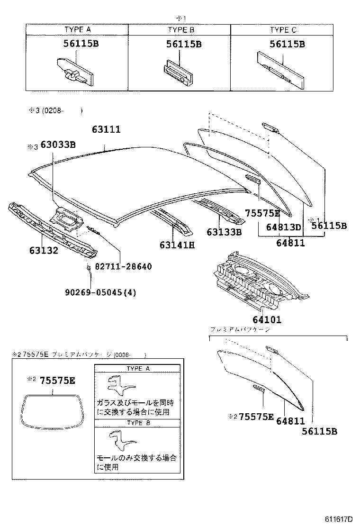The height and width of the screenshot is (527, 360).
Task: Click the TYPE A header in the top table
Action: coord(77,29)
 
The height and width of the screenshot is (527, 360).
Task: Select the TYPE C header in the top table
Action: coord(283,29)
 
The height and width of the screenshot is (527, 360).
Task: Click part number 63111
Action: coord(106,129)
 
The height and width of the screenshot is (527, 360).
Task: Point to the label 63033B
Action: coord(58,145)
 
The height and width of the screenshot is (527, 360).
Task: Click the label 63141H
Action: coord(177,245)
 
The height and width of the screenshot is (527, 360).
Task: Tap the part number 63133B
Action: coord(224,232)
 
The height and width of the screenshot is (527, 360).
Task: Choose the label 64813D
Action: coord(283,227)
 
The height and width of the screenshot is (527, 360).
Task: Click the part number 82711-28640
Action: coord(124,266)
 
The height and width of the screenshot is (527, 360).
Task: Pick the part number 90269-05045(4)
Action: coord(100,292)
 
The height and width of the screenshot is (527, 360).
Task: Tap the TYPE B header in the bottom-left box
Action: coord(137,423)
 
